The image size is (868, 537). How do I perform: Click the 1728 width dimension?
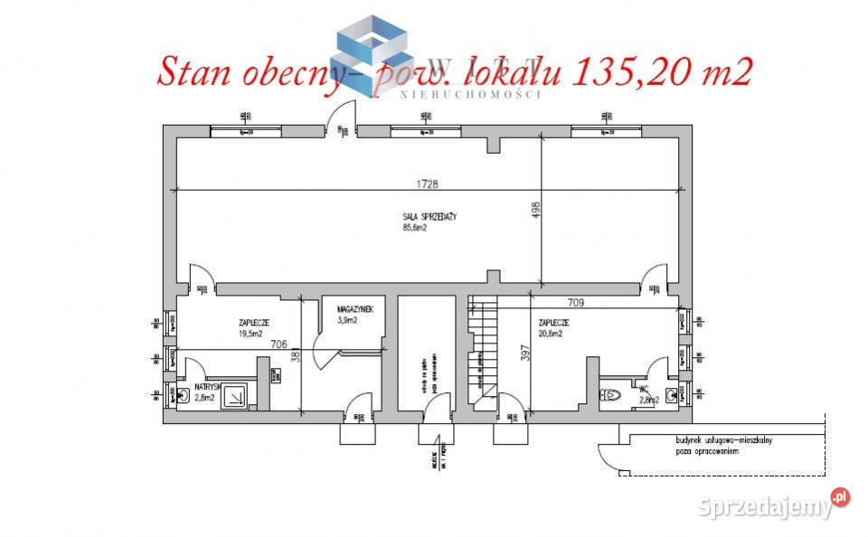click(x=428, y=184)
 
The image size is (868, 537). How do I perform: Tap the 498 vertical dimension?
click(x=535, y=210)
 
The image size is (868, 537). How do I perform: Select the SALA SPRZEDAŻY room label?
click(x=429, y=216)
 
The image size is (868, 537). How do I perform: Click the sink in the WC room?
click(x=670, y=393)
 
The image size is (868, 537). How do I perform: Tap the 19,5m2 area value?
click(x=249, y=333)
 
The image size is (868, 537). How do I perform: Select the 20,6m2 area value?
click(x=551, y=333)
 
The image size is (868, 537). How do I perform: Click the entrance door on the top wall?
click(x=335, y=119)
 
